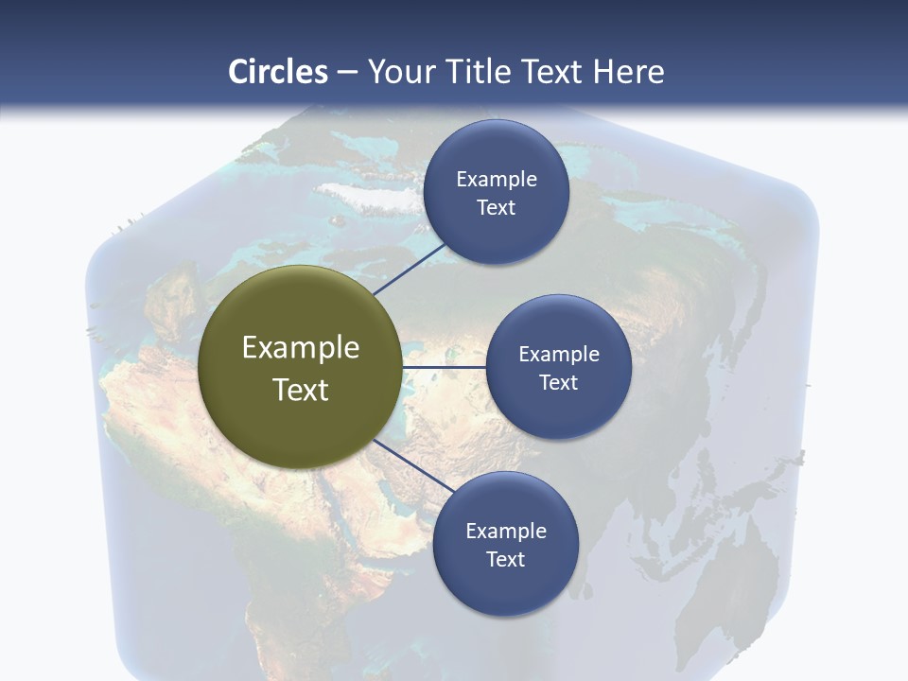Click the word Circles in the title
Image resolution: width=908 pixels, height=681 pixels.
pyautogui.click(x=278, y=72)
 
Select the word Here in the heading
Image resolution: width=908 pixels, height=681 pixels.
pyautogui.click(x=628, y=72)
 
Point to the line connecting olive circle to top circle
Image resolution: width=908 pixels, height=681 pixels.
pyautogui.click(x=410, y=268)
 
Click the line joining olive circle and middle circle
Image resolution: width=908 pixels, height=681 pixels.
pyautogui.click(x=444, y=367)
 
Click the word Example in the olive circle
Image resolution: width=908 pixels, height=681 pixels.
pyautogui.click(x=301, y=348)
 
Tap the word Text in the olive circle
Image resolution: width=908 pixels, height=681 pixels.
pyautogui.click(x=301, y=390)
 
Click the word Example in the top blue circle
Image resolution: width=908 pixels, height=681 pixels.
pyautogui.click(x=497, y=179)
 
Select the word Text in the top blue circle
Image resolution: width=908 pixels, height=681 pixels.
pyautogui.click(x=496, y=208)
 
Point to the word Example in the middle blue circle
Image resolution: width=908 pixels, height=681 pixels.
pyautogui.click(x=559, y=354)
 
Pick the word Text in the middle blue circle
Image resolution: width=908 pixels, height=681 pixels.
pyautogui.click(x=558, y=382)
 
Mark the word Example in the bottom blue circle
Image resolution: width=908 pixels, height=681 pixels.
pyautogui.click(x=506, y=531)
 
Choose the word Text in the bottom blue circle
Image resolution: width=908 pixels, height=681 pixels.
pyautogui.click(x=505, y=559)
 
